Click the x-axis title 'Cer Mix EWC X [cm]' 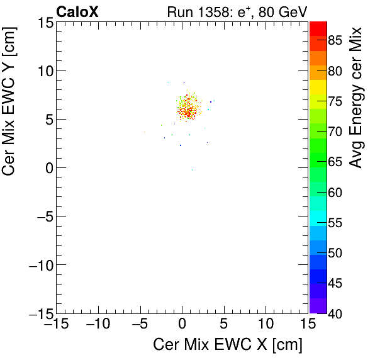pos(228,345)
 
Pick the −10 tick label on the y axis pos(39,265)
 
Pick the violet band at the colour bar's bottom pos(318,305)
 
